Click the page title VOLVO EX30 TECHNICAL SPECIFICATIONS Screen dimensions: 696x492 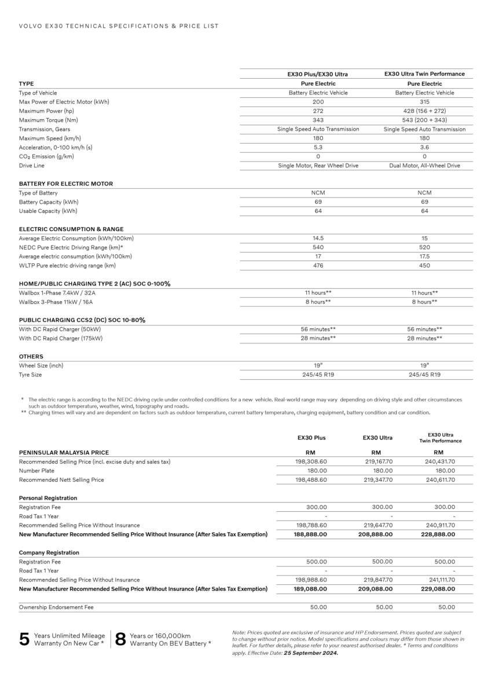pos(119,26)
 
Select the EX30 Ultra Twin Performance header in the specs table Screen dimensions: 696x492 pos(424,74)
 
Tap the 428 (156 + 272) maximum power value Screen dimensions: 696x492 pos(424,111)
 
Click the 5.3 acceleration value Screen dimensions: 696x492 pos(318,148)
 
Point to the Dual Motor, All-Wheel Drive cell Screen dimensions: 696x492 pos(424,166)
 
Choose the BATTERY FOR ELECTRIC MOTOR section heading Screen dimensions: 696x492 pos(66,184)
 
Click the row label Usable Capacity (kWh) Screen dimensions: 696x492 pos(48,211)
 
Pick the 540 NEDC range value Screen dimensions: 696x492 pos(318,247)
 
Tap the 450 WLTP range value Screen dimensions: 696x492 pos(424,266)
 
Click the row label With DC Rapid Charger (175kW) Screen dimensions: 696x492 pos(61,338)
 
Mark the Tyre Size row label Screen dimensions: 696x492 pos(30,375)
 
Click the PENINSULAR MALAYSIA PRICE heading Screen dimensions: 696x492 pos(64,452)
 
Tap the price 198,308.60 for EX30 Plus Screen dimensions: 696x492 pos(311,461)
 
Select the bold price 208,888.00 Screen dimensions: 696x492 pos(376,534)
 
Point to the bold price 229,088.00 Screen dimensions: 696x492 pos(439,589)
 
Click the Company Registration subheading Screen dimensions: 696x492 pos(49,553)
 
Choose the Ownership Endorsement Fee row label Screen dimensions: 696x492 pos(56,607)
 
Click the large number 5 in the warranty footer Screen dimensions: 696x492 pos(24,639)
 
